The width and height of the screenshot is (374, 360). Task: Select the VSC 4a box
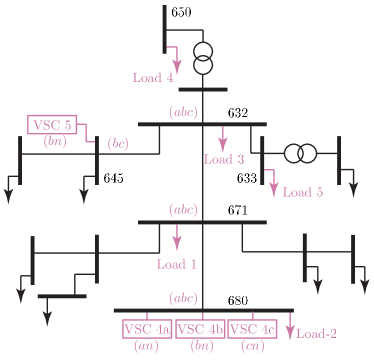click(x=147, y=329)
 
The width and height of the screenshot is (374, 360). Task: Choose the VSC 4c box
click(x=252, y=329)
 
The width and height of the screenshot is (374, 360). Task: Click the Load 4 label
click(x=153, y=77)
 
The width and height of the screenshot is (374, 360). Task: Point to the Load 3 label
click(x=224, y=159)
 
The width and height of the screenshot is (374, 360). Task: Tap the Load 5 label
click(x=303, y=192)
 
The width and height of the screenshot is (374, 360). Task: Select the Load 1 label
click(x=177, y=265)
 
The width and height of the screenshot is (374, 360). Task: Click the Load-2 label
click(x=316, y=335)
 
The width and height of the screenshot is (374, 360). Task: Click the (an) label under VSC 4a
click(x=146, y=346)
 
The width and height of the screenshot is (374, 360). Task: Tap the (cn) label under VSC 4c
click(x=253, y=346)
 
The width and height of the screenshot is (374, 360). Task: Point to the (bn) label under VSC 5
click(x=53, y=142)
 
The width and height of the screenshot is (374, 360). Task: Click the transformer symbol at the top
click(x=203, y=58)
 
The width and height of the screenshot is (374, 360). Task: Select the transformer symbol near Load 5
click(x=299, y=154)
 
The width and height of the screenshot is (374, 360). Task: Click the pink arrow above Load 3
click(x=223, y=138)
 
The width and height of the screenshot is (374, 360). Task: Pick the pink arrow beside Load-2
click(x=290, y=327)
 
